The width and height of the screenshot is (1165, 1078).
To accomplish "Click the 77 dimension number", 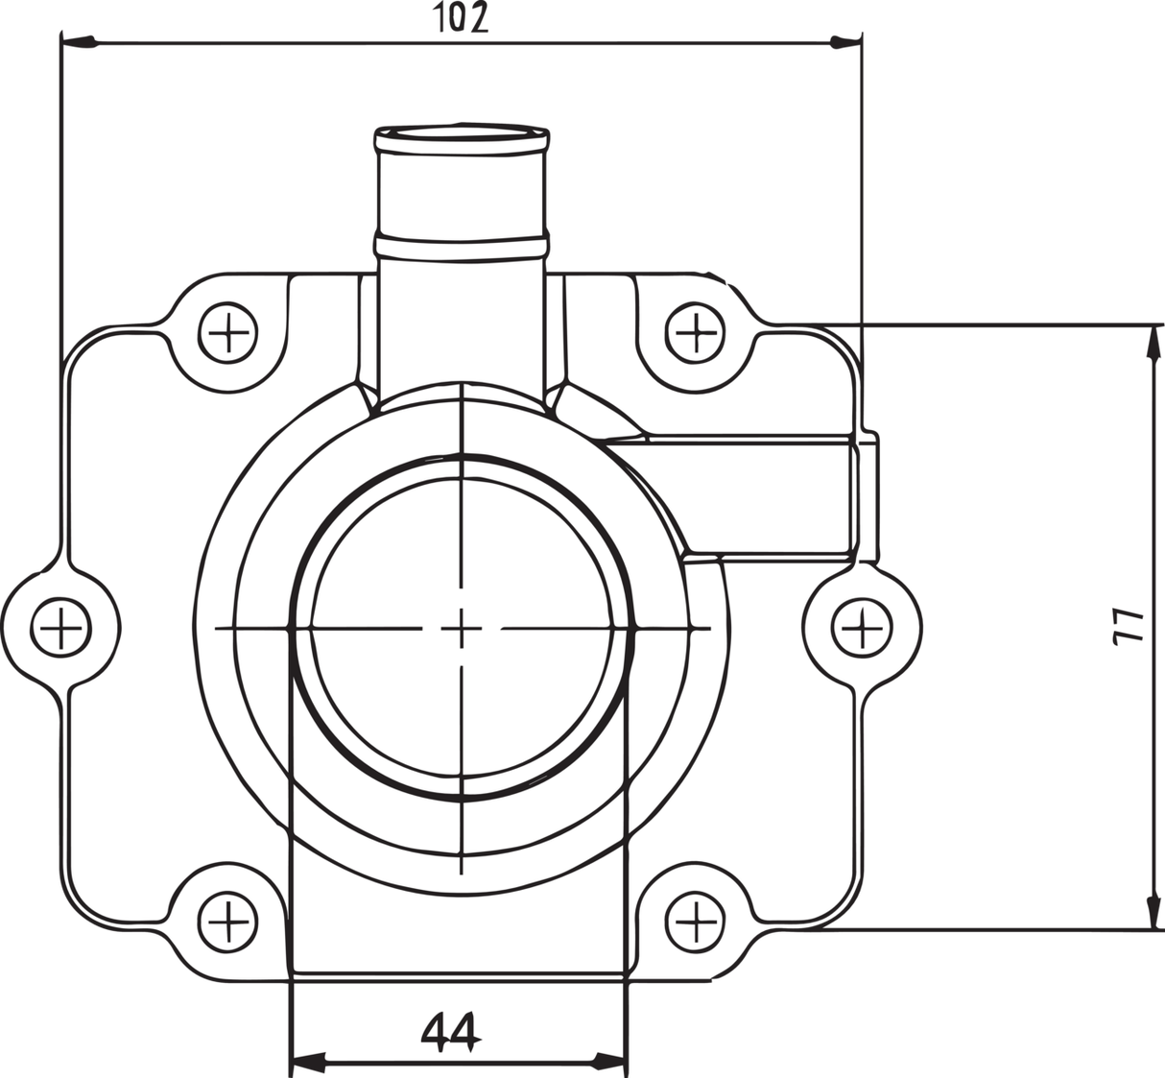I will tap(1133, 624).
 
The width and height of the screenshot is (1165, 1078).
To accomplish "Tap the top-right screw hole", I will tap(694, 334).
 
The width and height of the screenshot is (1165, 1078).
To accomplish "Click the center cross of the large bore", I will tap(462, 629).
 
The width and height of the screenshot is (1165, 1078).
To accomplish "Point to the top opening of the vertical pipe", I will tap(463, 133).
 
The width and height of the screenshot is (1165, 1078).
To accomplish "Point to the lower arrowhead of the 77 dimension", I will tap(1151, 913).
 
